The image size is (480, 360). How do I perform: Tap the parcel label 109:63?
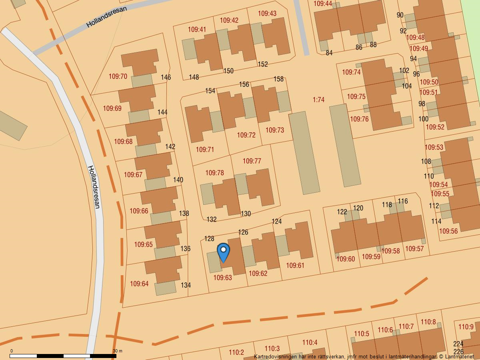point(223,278)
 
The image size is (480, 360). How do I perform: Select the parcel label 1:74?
point(318,100)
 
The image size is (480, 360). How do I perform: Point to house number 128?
point(209,239)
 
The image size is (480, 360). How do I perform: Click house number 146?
point(166,78)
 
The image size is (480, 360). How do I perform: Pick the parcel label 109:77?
point(252,161)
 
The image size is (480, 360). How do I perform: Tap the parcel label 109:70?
point(118,76)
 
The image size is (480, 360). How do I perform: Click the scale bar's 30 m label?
point(117,351)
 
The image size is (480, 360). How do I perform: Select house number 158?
point(278,79)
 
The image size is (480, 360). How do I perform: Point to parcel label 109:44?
point(323,4)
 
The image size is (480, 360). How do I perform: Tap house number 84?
point(329,53)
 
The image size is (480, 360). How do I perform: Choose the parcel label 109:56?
point(448,231)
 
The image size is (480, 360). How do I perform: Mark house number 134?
point(186,285)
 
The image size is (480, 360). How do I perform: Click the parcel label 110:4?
point(310,342)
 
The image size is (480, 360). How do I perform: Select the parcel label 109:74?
point(351,72)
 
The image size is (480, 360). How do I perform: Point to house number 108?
point(426,162)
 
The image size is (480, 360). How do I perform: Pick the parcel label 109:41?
point(197,30)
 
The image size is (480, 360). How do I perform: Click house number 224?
point(458,344)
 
